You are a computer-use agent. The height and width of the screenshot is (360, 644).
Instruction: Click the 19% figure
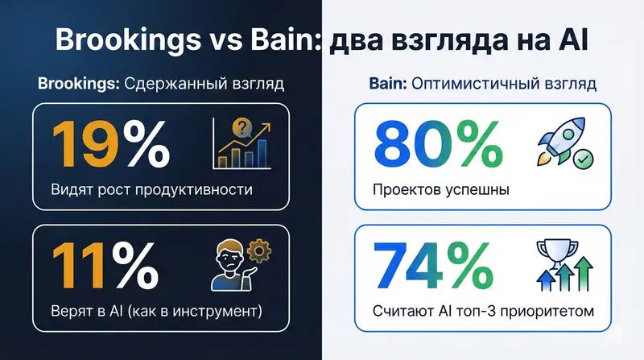point(110,143)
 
